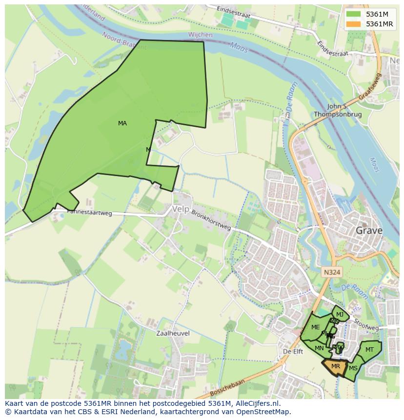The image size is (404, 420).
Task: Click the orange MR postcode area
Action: pos(335,366)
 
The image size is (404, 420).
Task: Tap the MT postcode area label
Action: pos(369,350)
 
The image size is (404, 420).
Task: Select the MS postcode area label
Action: pos(353,368)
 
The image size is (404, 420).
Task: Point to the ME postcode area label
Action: pos(315,327)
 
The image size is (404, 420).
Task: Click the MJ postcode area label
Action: pos(340,314)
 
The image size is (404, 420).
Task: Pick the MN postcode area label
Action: pos(319,348)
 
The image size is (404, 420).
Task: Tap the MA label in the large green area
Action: pos(122,123)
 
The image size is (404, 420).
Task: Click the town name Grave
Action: pos(369,230)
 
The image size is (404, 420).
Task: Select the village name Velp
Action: pos(180,209)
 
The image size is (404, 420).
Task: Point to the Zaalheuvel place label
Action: pos(173,333)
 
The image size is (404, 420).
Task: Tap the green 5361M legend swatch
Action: pos(353,14)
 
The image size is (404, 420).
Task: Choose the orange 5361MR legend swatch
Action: pos(353,24)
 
